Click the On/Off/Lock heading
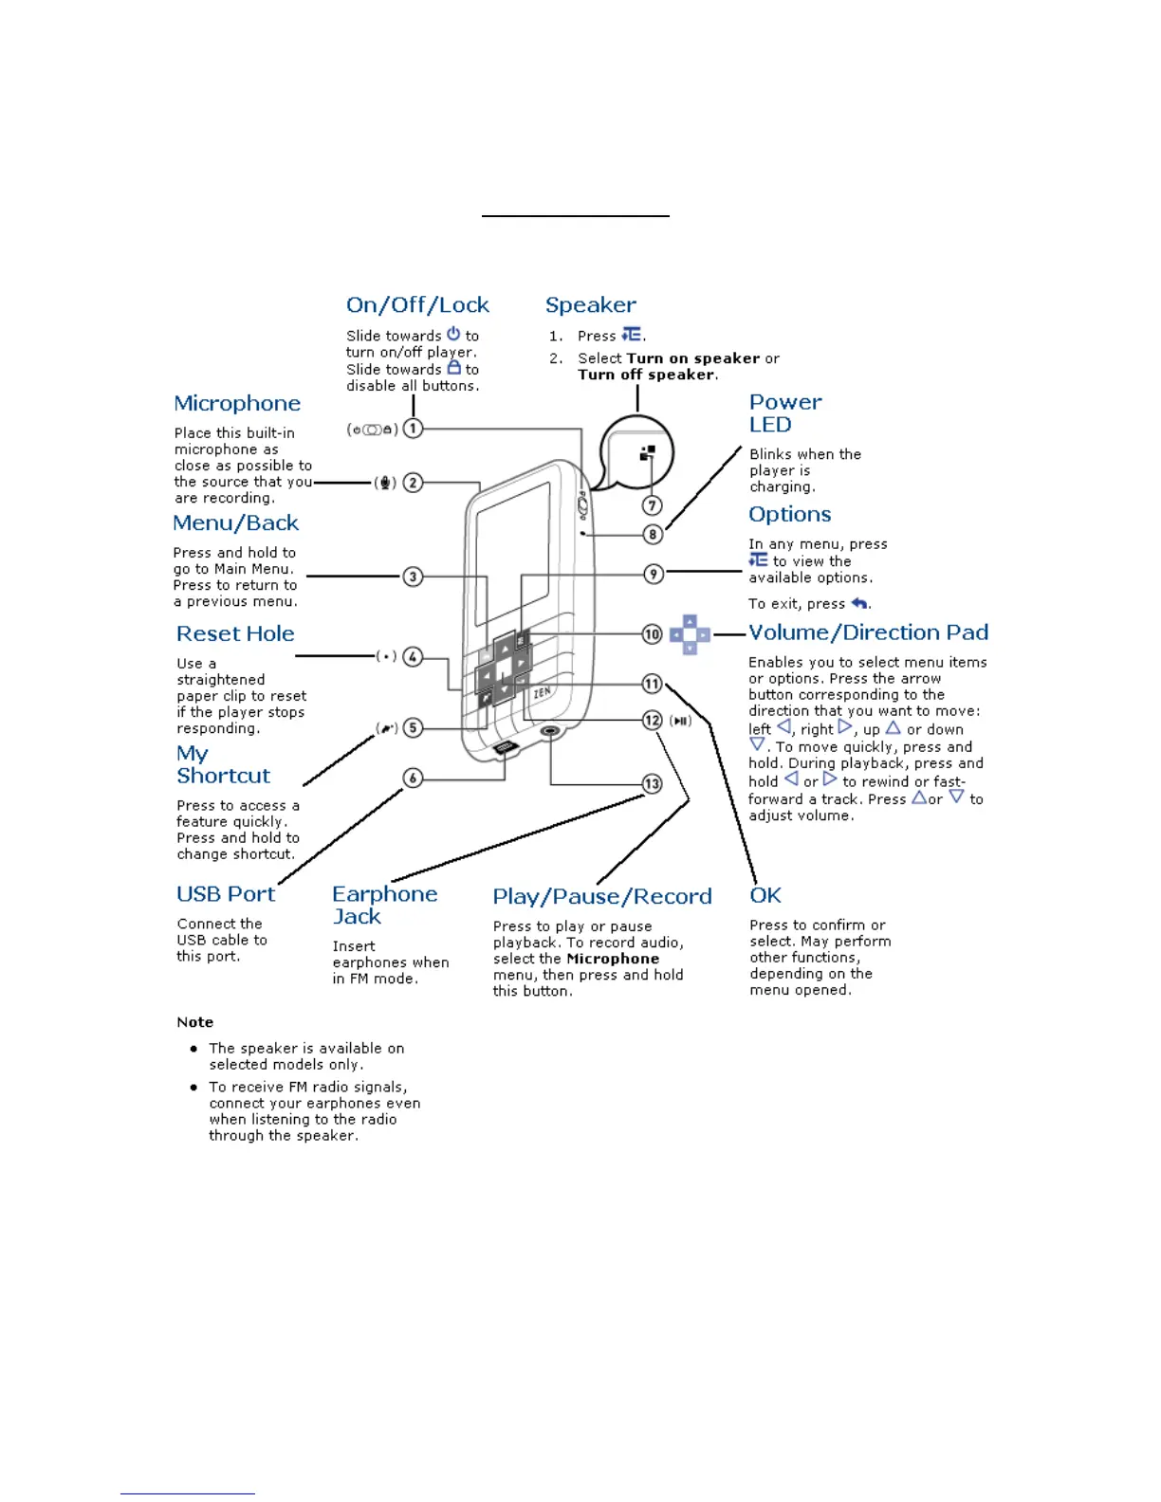(417, 305)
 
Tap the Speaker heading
(590, 305)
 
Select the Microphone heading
(237, 404)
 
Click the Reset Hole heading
(235, 634)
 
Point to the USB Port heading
(226, 894)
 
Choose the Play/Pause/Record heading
(601, 897)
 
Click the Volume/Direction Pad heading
(868, 632)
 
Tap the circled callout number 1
(413, 429)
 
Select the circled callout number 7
(653, 505)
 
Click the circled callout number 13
(653, 784)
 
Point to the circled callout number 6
(413, 778)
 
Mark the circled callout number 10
(653, 634)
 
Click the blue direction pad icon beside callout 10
(690, 634)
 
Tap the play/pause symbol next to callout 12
(681, 721)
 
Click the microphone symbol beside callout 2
(385, 483)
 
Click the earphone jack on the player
(550, 731)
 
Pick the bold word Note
(194, 1022)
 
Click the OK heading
(765, 896)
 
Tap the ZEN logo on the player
(542, 692)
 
